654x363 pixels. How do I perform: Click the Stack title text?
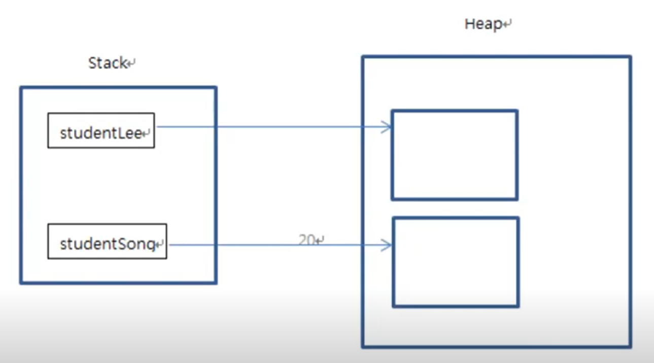(107, 63)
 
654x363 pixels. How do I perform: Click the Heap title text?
(483, 24)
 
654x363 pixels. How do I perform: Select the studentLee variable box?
(101, 130)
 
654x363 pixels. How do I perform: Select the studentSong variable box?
(107, 241)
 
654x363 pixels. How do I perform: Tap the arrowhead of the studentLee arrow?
(387, 127)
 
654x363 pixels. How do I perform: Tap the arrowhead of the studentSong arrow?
(387, 245)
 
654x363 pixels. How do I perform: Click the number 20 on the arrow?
(306, 240)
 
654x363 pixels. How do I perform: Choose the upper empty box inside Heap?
(455, 155)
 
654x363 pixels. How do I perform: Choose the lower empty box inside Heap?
(456, 262)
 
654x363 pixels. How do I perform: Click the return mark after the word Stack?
(131, 64)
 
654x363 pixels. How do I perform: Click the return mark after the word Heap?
(507, 25)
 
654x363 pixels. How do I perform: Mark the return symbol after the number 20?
(320, 240)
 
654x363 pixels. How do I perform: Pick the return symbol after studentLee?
(147, 134)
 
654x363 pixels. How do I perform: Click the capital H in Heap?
(469, 24)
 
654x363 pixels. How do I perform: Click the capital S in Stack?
(92, 63)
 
